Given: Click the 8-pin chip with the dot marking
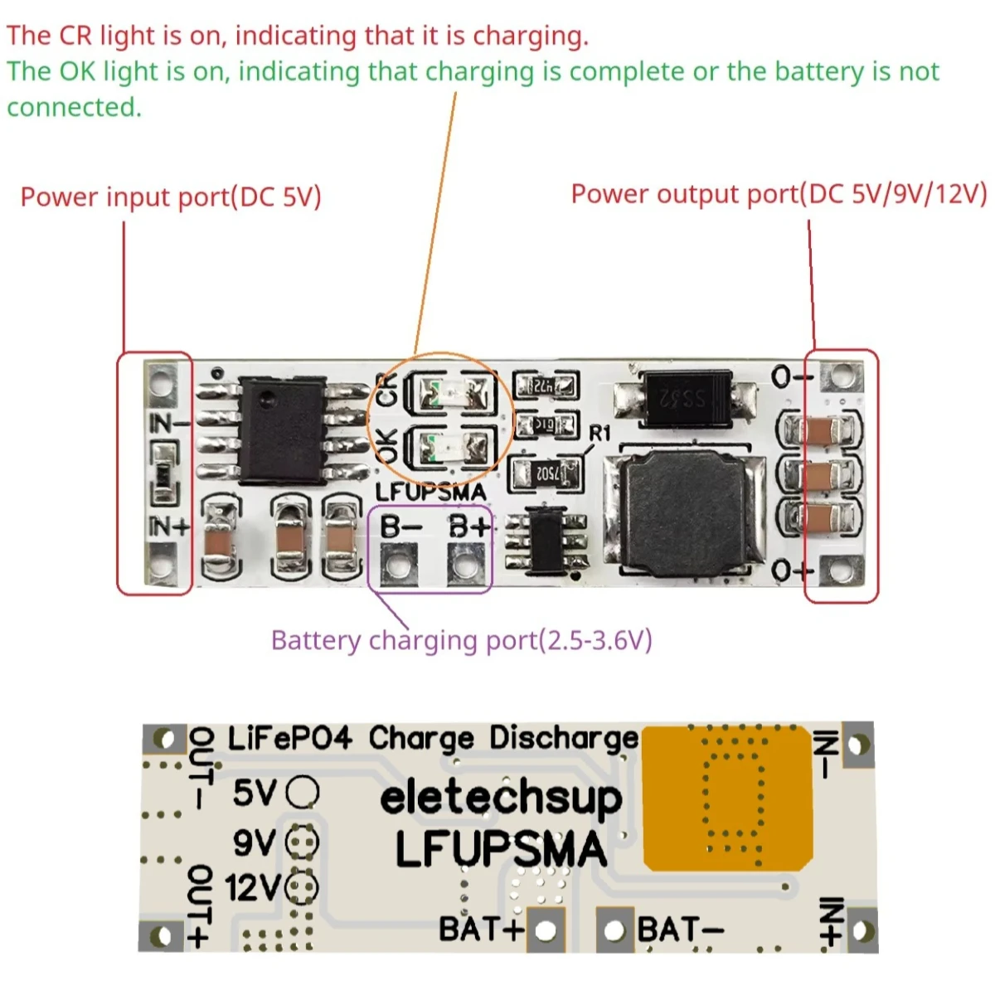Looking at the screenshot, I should click(x=282, y=431).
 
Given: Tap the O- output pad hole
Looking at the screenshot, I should click(x=841, y=377).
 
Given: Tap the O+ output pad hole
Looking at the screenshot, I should click(x=841, y=570).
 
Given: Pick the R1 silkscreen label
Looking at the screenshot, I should click(x=599, y=434).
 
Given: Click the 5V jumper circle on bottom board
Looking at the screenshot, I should click(x=302, y=793).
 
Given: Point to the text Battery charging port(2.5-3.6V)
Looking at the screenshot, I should click(x=461, y=641).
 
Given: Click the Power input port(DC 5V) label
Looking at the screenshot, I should click(x=171, y=197).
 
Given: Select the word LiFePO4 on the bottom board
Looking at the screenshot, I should click(x=289, y=737).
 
